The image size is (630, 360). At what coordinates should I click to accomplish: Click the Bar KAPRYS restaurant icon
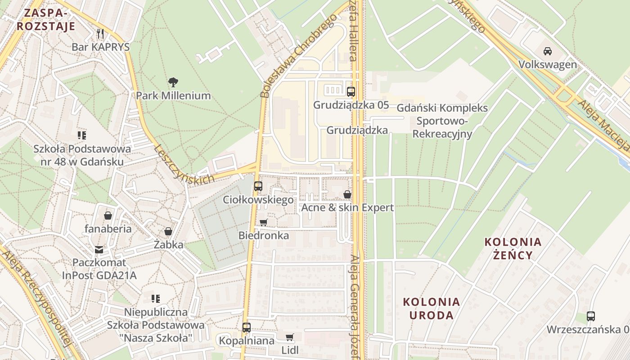click(100, 34)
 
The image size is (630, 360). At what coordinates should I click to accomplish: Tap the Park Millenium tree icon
click(173, 82)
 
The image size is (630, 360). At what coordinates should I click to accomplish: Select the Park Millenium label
click(173, 95)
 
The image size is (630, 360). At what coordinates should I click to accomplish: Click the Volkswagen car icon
click(547, 51)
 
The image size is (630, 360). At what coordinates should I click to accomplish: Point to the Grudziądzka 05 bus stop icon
click(351, 92)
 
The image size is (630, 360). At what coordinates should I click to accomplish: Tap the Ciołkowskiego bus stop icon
click(258, 186)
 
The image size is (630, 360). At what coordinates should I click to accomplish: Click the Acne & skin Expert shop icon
click(347, 194)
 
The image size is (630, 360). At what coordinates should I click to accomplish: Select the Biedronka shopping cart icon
click(264, 222)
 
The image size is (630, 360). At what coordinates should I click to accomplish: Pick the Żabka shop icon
click(168, 232)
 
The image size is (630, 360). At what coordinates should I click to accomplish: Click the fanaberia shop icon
click(108, 216)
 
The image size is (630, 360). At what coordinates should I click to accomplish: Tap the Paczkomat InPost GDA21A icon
click(99, 249)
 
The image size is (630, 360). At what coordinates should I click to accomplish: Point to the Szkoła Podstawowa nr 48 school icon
click(82, 135)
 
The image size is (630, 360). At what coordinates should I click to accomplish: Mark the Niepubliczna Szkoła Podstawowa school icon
click(156, 298)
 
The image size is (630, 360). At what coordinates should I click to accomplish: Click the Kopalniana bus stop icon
click(246, 328)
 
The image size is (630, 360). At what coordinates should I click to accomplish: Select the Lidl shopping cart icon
click(290, 337)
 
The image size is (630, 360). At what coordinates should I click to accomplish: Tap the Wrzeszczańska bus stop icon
click(591, 316)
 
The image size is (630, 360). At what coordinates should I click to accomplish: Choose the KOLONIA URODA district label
click(431, 308)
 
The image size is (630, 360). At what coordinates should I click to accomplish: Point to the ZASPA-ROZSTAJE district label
click(46, 19)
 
